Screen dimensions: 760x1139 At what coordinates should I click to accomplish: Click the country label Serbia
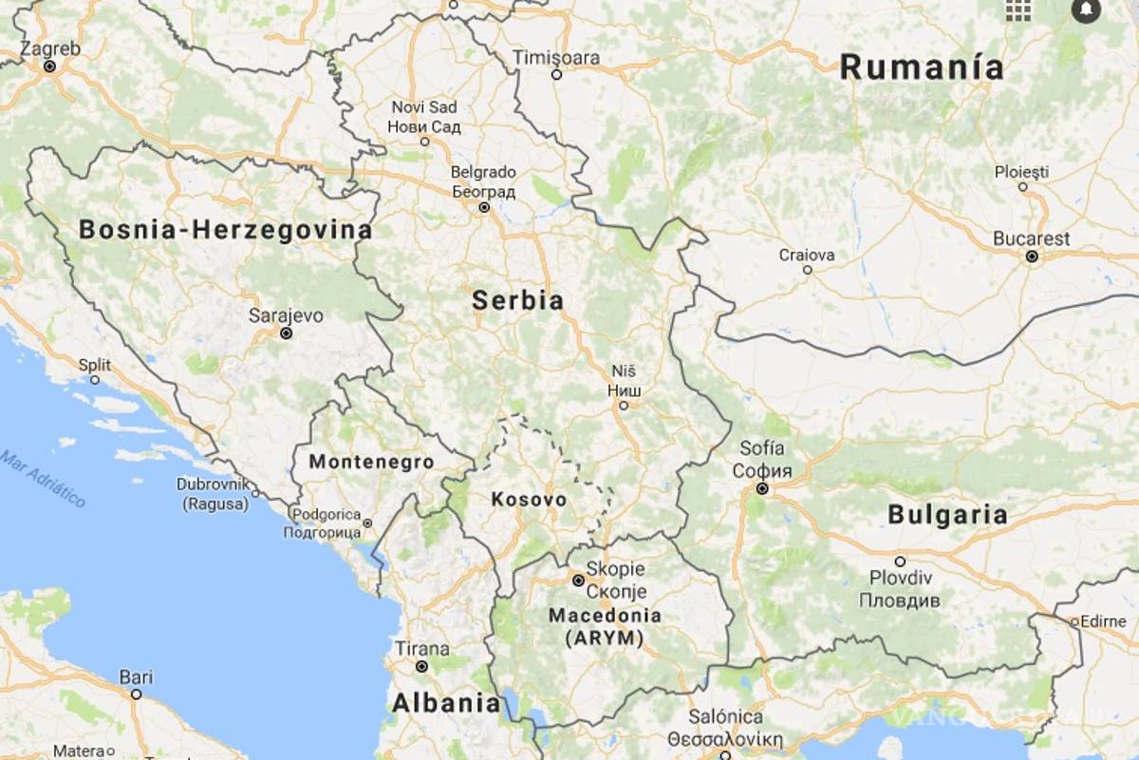pos(517,301)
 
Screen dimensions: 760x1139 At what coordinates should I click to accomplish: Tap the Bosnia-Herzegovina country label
pos(225,230)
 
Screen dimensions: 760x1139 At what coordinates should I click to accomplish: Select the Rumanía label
pos(921,67)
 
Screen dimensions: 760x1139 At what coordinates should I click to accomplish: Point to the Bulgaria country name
pos(946,515)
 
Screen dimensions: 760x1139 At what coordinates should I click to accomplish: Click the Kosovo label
pos(529,500)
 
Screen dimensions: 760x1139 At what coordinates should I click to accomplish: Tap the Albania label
pos(445,704)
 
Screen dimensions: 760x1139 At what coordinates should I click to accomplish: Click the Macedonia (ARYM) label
pos(604,627)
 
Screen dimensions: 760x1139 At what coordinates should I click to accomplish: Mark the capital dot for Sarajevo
pos(286,333)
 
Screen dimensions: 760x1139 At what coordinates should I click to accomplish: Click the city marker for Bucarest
pos(1032,256)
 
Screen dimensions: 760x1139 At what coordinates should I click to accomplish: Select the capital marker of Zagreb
pos(49,66)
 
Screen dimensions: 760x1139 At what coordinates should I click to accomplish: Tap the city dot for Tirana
pos(421,667)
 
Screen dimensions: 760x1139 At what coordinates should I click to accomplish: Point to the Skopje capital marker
pos(577,579)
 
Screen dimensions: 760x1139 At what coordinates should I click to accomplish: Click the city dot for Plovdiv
pos(900,561)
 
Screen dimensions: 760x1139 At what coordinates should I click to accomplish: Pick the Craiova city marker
pos(808,270)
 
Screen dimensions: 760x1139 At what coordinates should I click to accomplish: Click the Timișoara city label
pos(556,58)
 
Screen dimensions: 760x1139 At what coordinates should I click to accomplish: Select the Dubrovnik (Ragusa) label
pos(213,494)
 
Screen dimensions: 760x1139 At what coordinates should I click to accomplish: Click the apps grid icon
pos(1018,10)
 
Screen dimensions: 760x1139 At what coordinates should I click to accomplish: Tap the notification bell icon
pos(1085,10)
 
